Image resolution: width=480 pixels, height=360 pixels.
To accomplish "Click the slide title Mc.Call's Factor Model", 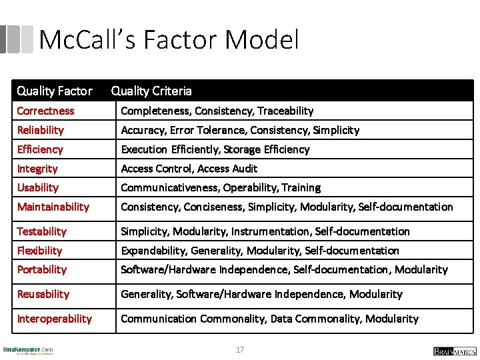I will pos(169,40).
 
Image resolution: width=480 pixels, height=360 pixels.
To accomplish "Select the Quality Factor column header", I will pos(54,91).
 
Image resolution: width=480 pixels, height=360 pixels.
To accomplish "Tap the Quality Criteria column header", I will pos(151,91).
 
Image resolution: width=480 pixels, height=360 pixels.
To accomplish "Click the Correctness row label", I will pos(45,111).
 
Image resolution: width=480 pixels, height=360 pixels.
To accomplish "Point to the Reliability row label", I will pos(41,130).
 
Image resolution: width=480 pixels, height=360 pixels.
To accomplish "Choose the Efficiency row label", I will pos(40,149).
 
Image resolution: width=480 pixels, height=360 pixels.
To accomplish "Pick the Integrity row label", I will pos(37,169).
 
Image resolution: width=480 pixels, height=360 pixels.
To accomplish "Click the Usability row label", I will pos(38,187).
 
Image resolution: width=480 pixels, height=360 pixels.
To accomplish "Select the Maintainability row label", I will pos(53,207).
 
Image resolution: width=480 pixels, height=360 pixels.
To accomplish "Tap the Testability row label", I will pos(42,231).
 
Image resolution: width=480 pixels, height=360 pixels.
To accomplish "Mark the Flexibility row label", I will pos(39,251).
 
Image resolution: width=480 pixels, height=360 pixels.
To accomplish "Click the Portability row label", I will pos(42,269).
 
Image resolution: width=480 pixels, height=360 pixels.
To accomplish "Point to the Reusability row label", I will pos(43,294).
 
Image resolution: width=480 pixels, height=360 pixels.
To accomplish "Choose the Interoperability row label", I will pos(55,319).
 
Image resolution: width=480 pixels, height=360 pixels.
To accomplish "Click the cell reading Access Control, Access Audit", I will pos(189,169).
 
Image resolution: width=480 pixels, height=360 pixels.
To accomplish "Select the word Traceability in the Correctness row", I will pos(285,111).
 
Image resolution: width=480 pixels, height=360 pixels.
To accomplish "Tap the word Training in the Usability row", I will pos(301,187).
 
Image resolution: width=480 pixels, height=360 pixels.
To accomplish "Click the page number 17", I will pos(240,349).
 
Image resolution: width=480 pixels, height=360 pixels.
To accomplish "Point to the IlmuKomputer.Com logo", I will pos(28,350).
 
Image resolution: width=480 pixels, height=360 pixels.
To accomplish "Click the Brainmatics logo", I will pos(455,351).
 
